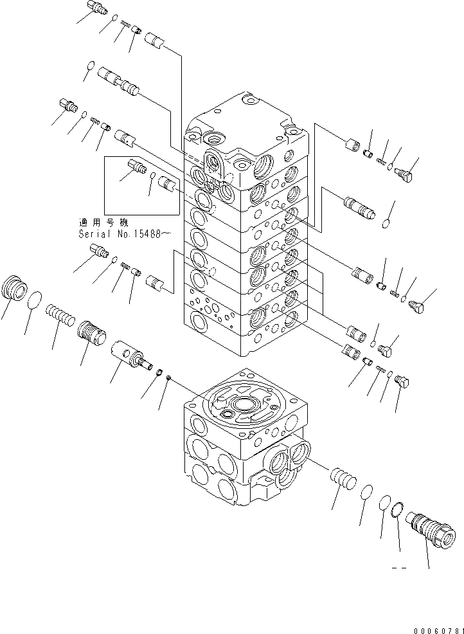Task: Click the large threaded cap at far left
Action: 15,287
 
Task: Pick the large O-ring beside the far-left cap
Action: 37,300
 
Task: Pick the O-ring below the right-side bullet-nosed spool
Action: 385,224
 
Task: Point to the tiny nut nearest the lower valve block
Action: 168,379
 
